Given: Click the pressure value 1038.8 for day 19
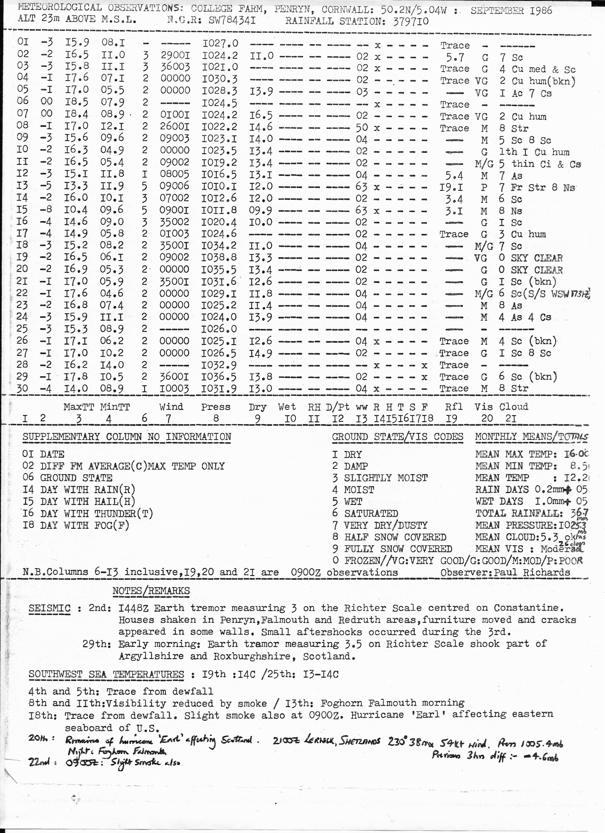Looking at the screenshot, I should pyautogui.click(x=219, y=257).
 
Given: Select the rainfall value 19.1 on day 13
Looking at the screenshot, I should pyautogui.click(x=451, y=188).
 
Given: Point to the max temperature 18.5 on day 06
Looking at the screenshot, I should pyautogui.click(x=77, y=102).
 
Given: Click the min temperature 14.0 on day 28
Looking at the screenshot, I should pyautogui.click(x=112, y=365).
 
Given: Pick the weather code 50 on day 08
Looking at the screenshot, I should pyautogui.click(x=362, y=128).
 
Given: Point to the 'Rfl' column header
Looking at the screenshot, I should pyautogui.click(x=454, y=407).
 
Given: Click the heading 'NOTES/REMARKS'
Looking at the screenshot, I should pyautogui.click(x=151, y=591).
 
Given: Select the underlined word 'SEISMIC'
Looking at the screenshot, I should pyautogui.click(x=49, y=608).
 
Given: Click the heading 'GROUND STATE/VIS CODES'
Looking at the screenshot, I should pyautogui.click(x=397, y=437).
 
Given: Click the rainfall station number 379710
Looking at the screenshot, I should pyautogui.click(x=411, y=21).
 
